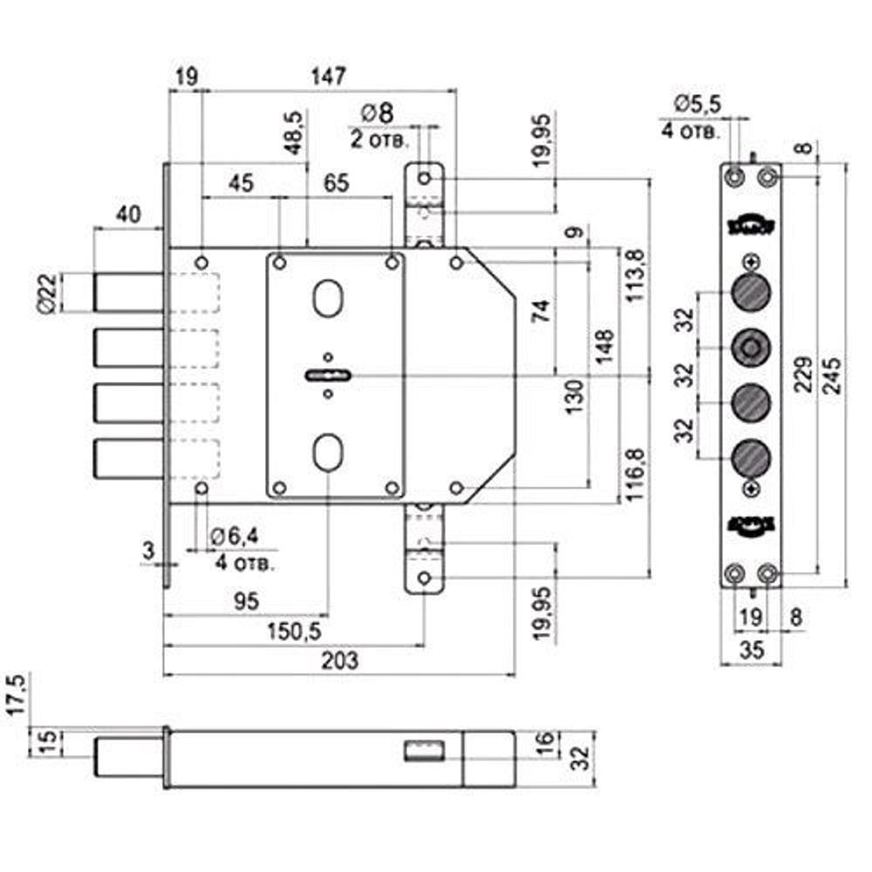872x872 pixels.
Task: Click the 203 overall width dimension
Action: coord(339,661)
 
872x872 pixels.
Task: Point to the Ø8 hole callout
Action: coord(377,113)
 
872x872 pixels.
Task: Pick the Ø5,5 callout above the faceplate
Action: coord(697,104)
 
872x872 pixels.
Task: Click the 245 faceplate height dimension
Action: coord(834,376)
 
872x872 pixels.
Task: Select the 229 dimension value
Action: coord(806,376)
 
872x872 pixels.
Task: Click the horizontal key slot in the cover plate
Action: coord(328,376)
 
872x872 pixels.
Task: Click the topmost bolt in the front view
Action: coord(128,291)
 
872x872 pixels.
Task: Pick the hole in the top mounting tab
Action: coord(425,179)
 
